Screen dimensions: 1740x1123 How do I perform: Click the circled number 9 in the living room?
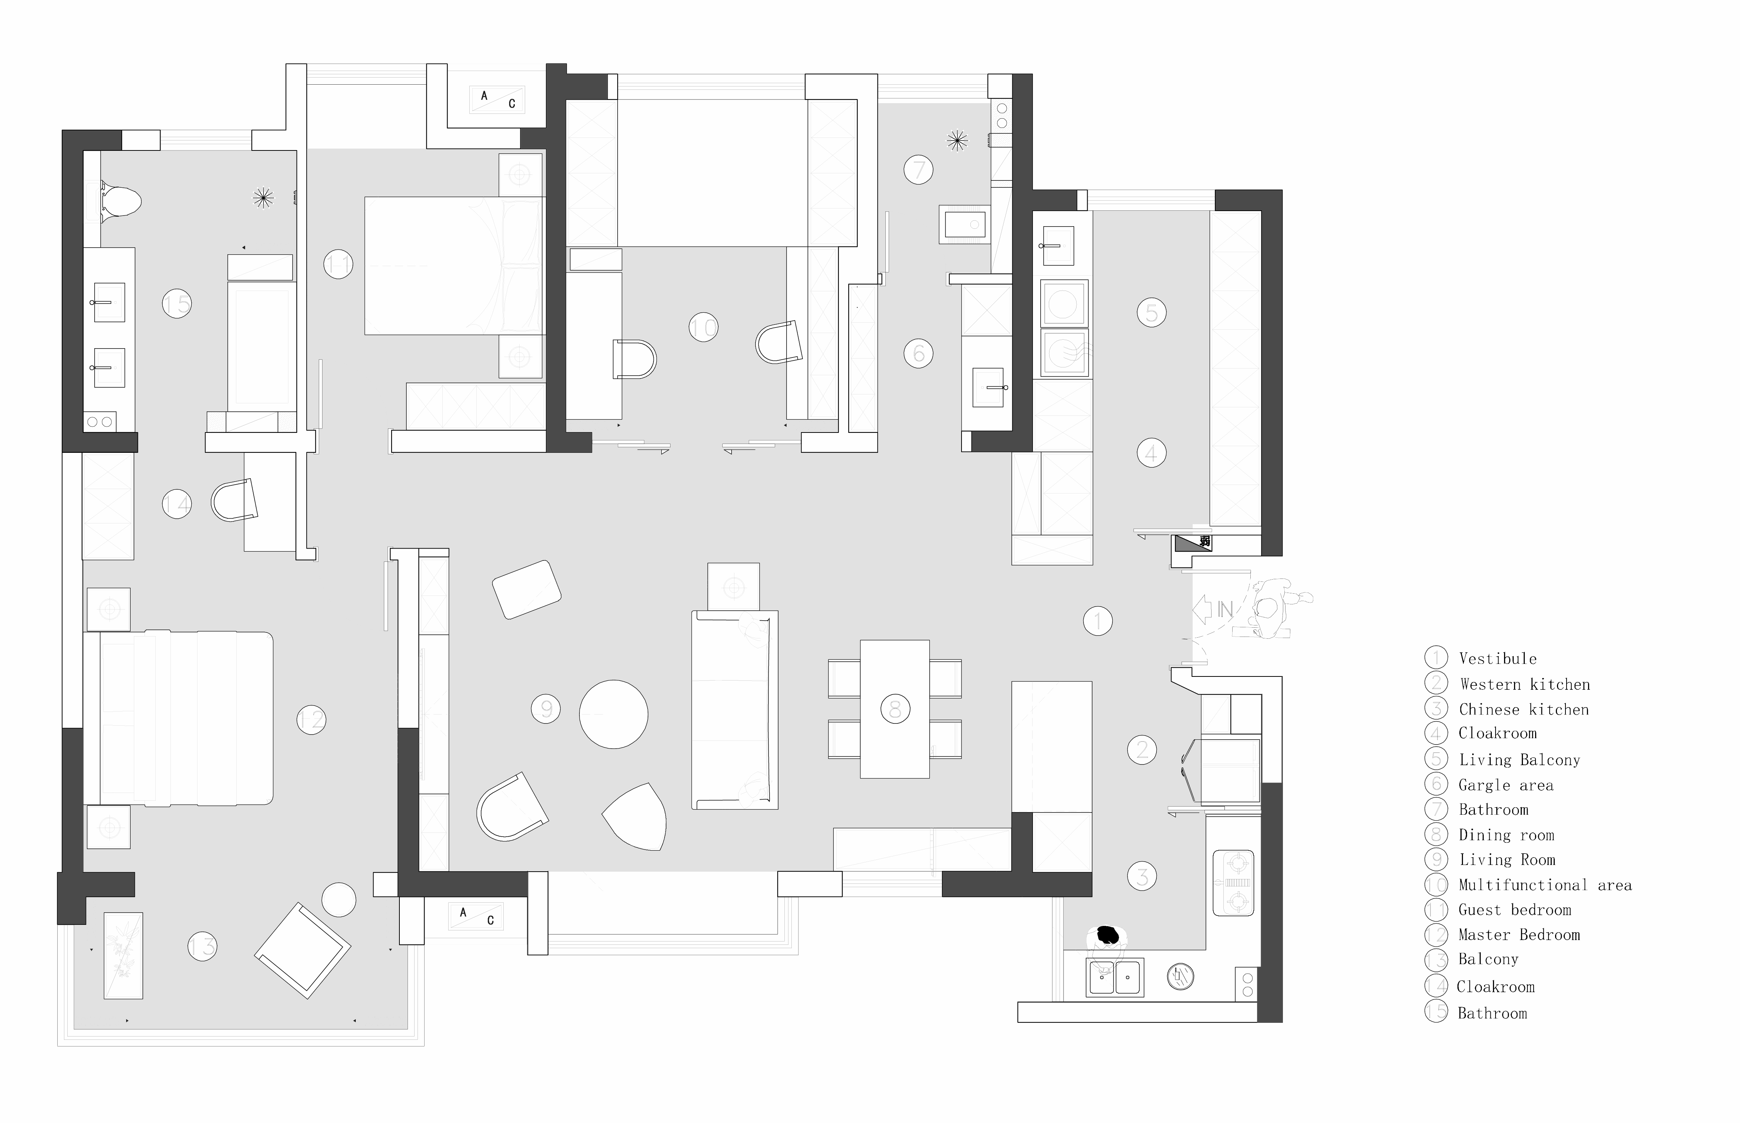(x=546, y=708)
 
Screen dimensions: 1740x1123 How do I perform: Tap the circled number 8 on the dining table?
(x=895, y=708)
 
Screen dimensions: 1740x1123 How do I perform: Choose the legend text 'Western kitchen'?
(x=1525, y=684)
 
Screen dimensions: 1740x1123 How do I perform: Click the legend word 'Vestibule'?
(x=1498, y=658)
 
